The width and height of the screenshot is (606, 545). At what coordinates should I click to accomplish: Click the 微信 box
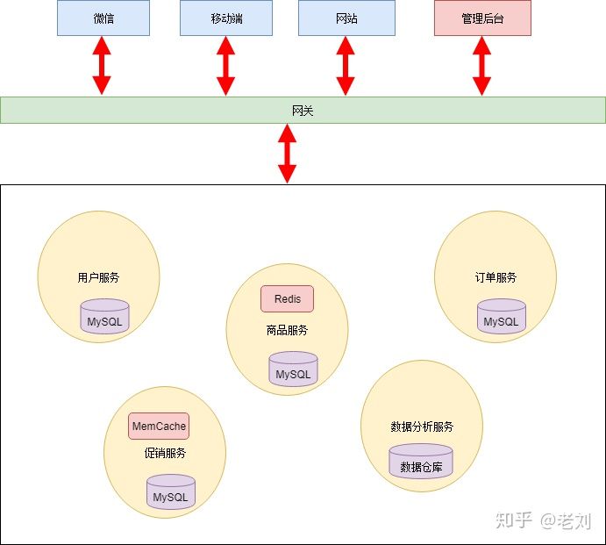(x=103, y=18)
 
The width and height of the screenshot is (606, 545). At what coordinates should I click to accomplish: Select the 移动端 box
(x=226, y=18)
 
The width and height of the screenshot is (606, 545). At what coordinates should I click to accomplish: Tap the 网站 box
(x=346, y=18)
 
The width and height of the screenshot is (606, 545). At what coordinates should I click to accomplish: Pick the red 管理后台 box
(x=482, y=18)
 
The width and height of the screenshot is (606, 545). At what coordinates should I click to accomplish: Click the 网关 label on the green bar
(x=303, y=111)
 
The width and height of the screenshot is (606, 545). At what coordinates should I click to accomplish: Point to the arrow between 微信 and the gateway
(x=103, y=66)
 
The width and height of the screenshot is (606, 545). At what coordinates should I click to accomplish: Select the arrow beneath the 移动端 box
(x=226, y=66)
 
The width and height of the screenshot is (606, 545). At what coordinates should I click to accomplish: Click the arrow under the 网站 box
(x=346, y=66)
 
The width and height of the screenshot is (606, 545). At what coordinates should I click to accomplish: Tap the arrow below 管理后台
(x=481, y=66)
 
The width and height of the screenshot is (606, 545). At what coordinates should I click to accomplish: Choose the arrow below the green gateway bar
(x=287, y=154)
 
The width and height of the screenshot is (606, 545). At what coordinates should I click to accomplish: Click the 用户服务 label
(x=98, y=277)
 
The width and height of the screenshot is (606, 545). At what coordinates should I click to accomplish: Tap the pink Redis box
(x=287, y=299)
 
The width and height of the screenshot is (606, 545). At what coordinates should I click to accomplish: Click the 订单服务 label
(x=495, y=277)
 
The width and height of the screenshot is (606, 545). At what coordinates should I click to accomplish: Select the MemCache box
(x=159, y=427)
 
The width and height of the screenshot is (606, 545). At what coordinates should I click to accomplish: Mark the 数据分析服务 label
(x=422, y=427)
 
